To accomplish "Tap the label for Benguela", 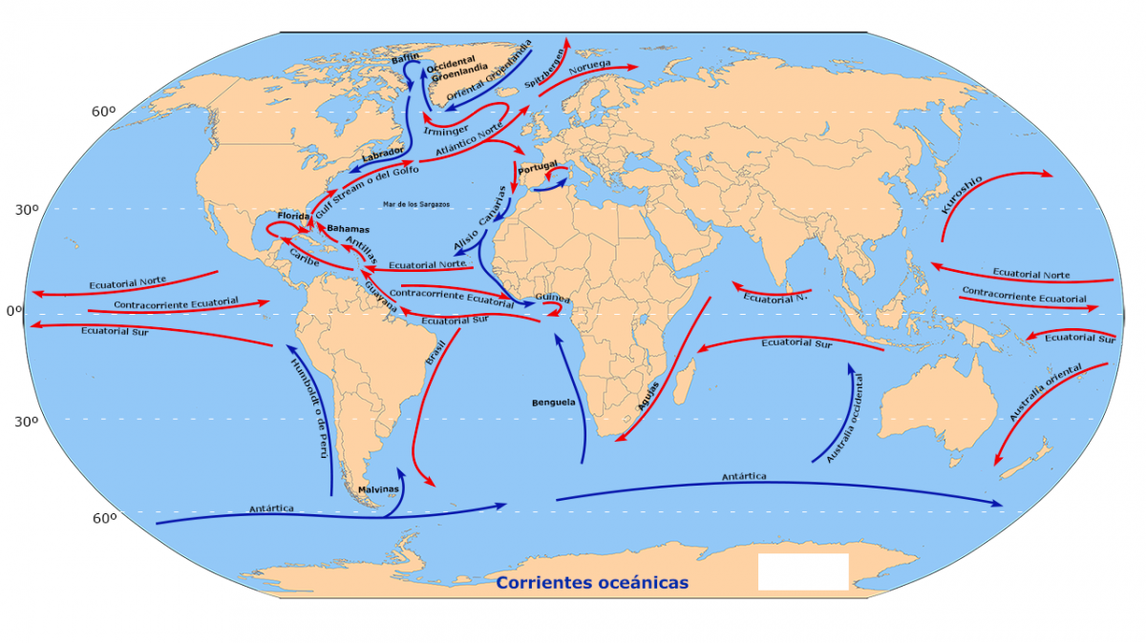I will click(x=554, y=403).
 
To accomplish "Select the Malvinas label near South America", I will click(x=378, y=489).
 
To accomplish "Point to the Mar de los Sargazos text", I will click(x=416, y=204).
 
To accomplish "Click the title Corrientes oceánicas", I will click(x=592, y=582).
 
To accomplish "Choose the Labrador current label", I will click(x=383, y=155).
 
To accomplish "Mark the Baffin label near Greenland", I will click(x=405, y=59).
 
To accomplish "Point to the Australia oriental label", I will click(x=1045, y=393).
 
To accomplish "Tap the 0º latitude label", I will click(x=13, y=311).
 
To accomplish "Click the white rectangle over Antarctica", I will click(x=803, y=571).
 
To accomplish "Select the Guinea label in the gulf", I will click(x=553, y=298).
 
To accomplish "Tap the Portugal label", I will click(x=538, y=167).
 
